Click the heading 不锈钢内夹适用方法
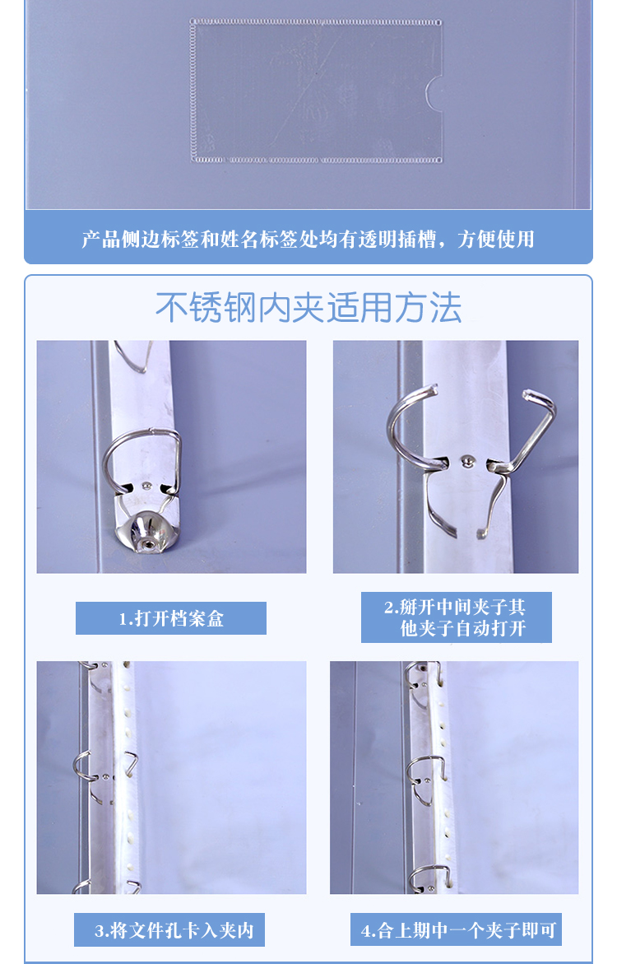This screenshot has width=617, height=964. click(308, 307)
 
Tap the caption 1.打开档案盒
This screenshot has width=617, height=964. click(171, 618)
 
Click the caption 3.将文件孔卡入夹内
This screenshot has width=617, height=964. click(174, 930)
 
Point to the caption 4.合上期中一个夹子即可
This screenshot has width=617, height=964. click(458, 930)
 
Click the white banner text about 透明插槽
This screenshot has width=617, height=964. click(308, 240)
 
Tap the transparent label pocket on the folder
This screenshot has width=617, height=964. click(316, 91)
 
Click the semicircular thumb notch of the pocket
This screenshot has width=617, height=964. click(434, 94)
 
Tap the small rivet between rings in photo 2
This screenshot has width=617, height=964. click(467, 460)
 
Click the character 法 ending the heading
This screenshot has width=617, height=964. click(446, 307)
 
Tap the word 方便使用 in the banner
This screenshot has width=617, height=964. click(496, 240)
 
